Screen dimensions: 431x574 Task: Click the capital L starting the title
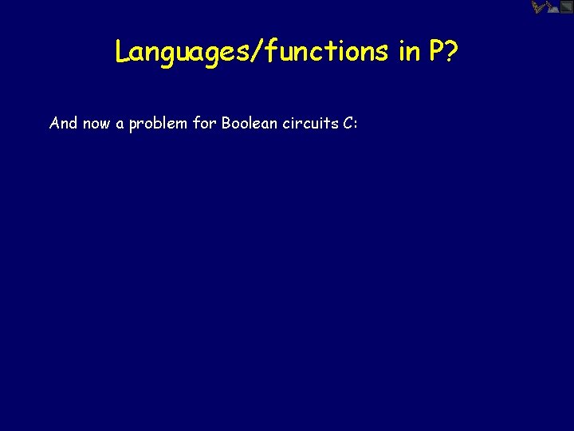click(x=121, y=51)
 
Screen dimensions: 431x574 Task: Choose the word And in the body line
click(x=63, y=124)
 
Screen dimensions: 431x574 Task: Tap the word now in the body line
click(x=97, y=124)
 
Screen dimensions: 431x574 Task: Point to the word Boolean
click(x=250, y=124)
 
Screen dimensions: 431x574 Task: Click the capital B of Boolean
click(x=227, y=124)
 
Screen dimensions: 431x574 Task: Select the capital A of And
click(x=54, y=124)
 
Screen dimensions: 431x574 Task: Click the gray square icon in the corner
click(x=566, y=7)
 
